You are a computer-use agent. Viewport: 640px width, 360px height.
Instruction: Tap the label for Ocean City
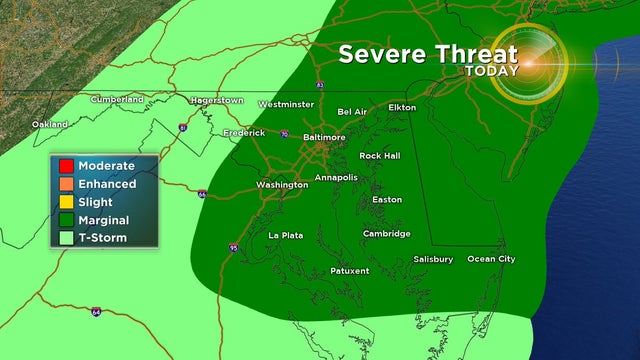click(491, 259)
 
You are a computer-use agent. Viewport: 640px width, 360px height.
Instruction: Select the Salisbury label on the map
click(433, 259)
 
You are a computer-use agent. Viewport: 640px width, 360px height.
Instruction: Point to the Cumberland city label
click(117, 99)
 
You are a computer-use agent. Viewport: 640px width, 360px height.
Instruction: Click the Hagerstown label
click(218, 100)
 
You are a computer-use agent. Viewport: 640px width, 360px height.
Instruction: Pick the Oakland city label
click(50, 124)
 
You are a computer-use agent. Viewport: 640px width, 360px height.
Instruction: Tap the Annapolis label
click(336, 177)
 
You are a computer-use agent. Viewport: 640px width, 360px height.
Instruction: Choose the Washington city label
click(282, 185)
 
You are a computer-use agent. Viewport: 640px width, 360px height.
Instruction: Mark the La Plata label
click(286, 235)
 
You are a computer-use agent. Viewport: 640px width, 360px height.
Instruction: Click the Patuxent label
click(350, 271)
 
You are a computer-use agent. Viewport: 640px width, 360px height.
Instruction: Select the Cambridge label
click(386, 234)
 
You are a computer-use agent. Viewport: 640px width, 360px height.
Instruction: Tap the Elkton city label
click(402, 106)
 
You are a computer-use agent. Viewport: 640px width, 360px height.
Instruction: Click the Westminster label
click(286, 104)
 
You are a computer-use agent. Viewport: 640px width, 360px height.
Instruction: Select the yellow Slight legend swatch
click(65, 201)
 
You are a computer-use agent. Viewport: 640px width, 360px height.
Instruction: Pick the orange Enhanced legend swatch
click(65, 184)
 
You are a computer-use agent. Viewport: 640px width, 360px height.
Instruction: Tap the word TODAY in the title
click(492, 71)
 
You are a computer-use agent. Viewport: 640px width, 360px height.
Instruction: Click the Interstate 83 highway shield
click(319, 85)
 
